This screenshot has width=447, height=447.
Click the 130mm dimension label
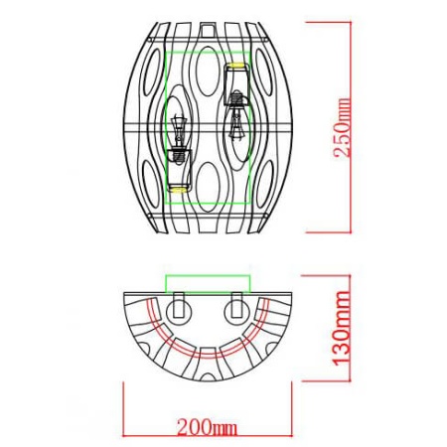pos(343,332)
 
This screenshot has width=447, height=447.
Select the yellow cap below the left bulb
pos(178,185)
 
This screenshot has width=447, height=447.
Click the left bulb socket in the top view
pos(180,307)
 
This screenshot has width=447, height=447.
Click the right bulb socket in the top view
pos(236,307)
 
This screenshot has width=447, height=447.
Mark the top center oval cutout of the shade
pos(208,71)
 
